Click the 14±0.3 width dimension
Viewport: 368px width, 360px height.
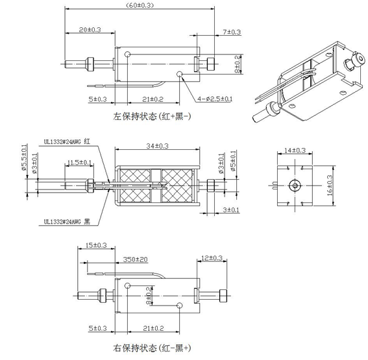[x=295, y=150]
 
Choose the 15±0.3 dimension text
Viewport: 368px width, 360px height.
[x=97, y=246]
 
